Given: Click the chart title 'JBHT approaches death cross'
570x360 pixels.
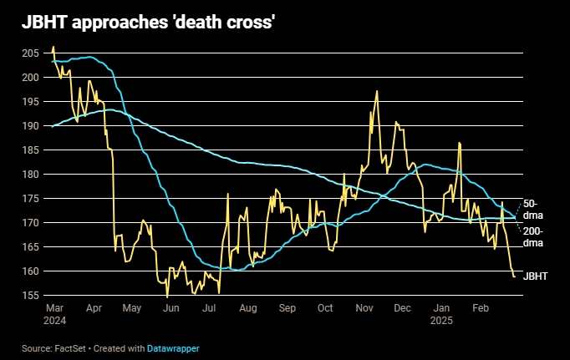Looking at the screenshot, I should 148,23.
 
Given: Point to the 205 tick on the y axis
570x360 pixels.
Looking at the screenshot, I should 31,53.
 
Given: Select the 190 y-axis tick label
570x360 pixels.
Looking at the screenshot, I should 31,125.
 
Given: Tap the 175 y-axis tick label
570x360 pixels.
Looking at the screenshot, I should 31,199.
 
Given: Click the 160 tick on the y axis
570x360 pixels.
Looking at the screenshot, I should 31,271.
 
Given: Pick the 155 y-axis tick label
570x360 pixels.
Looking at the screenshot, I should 31,296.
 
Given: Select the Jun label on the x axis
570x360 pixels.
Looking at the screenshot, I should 170,308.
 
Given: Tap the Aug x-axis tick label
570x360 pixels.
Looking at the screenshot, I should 247,308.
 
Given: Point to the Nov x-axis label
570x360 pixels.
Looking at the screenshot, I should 364,308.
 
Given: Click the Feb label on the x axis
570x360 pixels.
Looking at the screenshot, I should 480,308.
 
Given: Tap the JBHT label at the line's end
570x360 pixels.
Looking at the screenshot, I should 536,275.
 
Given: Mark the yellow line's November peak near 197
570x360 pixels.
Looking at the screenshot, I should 377,91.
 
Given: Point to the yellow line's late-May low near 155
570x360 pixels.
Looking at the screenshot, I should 167,297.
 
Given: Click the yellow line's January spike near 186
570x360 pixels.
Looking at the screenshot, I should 460,144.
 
